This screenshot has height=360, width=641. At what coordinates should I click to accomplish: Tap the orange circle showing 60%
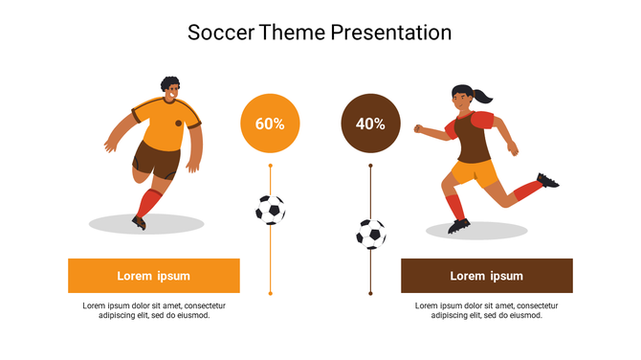[x=270, y=124]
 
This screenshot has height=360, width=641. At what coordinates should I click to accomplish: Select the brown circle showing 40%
[x=370, y=124]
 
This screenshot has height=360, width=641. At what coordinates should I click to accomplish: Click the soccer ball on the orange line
[x=270, y=209]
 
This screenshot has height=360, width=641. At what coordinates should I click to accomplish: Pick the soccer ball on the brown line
[x=371, y=234]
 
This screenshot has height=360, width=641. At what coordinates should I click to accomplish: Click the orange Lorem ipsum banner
[x=154, y=276]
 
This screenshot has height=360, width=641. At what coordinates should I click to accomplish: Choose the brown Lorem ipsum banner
[x=486, y=276]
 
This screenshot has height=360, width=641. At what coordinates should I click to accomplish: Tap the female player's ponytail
[x=486, y=96]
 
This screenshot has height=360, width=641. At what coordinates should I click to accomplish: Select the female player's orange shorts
[x=474, y=172]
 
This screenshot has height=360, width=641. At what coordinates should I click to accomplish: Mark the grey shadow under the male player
[x=146, y=225]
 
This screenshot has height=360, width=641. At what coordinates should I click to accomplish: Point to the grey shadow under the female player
[x=476, y=231]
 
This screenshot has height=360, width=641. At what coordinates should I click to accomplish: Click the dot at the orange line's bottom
[x=270, y=293]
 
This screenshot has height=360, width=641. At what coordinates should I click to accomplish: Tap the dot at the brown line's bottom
[x=371, y=293]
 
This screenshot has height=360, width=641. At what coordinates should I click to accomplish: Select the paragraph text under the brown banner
[x=486, y=310]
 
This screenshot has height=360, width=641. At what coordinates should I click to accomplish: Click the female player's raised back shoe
[x=548, y=180]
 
